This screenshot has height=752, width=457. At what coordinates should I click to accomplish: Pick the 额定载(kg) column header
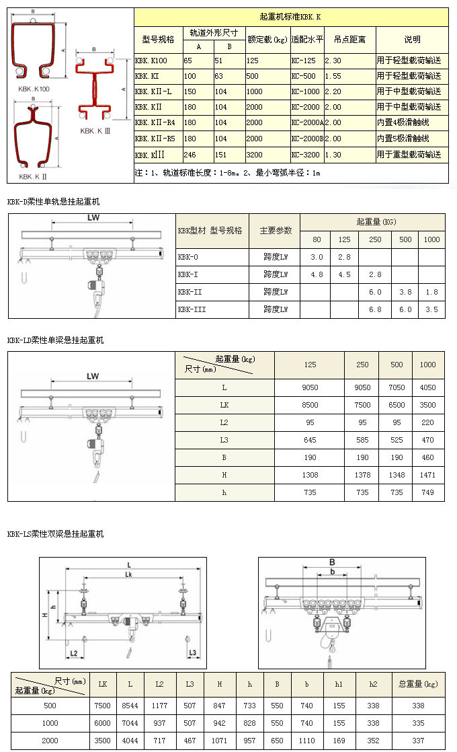[267, 40]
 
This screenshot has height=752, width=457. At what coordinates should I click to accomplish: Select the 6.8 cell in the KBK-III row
[375, 309]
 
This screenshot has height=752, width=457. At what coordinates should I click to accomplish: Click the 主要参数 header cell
[275, 231]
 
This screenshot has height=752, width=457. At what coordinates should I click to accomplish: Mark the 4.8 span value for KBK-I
[317, 274]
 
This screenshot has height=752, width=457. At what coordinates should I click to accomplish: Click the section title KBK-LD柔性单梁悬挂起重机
[56, 340]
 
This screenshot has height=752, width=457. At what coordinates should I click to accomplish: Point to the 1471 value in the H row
[427, 475]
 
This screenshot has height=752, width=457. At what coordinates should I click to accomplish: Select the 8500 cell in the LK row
[310, 405]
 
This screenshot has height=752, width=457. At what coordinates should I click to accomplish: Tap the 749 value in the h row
[427, 492]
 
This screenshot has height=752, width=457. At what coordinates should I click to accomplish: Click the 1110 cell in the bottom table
[306, 741]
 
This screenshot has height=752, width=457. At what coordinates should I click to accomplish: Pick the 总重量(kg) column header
[418, 684]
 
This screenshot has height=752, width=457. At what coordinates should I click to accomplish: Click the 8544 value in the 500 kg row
[130, 706]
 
